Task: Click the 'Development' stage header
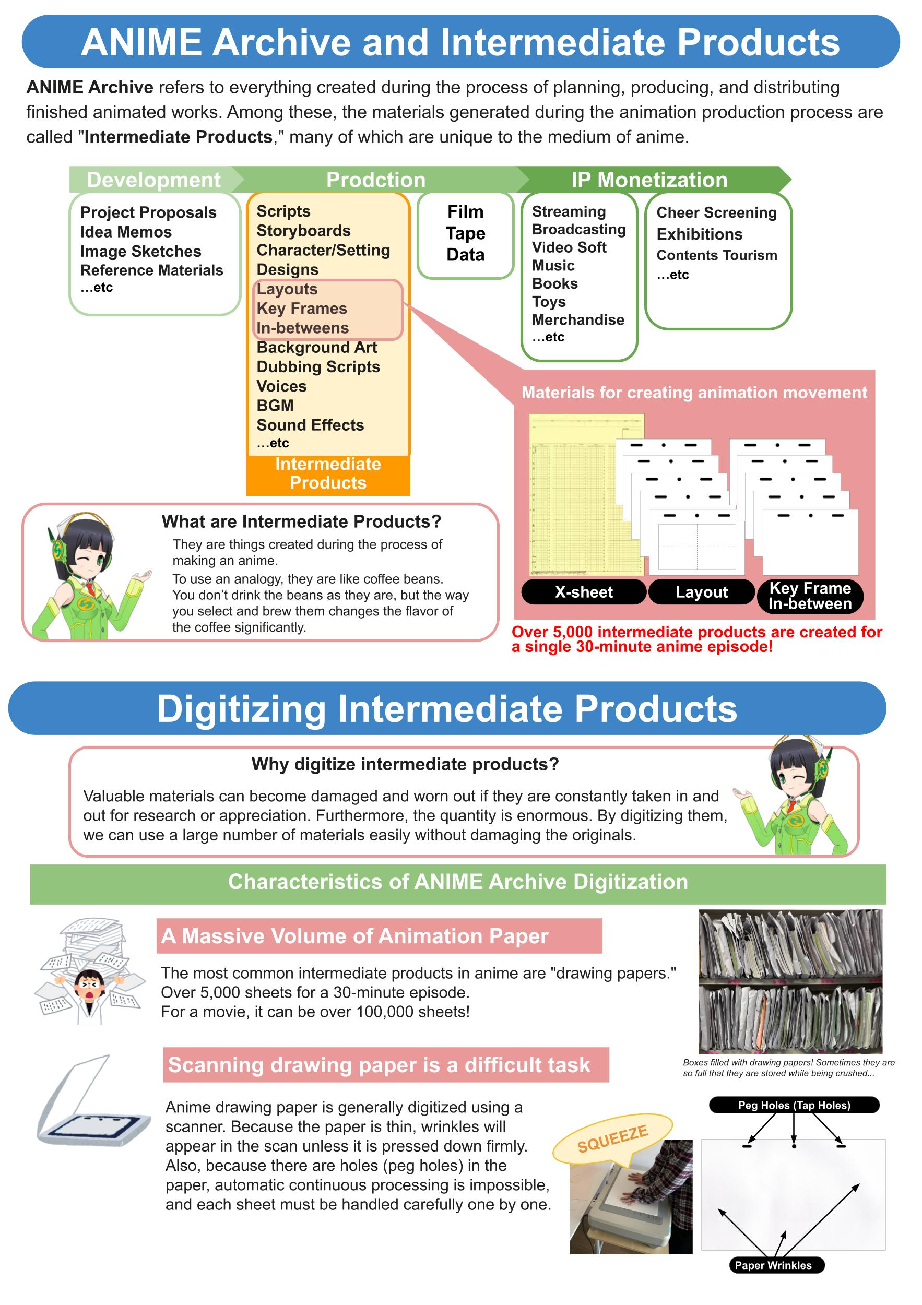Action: (153, 180)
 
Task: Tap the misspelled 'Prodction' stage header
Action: (376, 180)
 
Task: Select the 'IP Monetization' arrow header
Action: (649, 180)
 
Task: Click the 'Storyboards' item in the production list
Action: (303, 231)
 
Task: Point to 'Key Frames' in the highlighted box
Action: (302, 309)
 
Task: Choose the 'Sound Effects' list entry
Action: (310, 425)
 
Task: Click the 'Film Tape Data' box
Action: (466, 235)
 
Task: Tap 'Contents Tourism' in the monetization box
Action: (717, 255)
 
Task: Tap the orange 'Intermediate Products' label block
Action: (328, 474)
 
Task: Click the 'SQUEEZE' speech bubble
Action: (613, 1138)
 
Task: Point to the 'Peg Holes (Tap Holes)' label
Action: (794, 1105)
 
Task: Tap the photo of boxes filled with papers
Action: (790, 981)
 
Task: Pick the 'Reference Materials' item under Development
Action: (152, 270)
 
